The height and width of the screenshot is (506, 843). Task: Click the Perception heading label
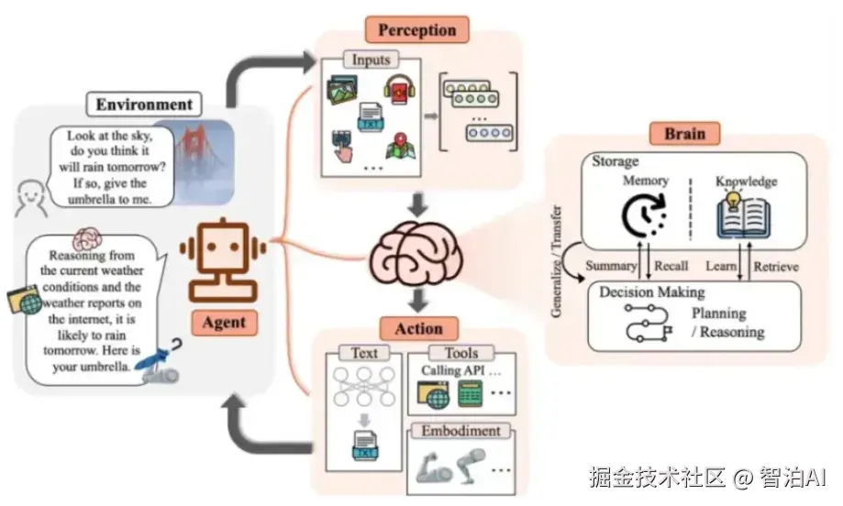click(416, 29)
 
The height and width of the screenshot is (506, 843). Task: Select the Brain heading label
click(684, 134)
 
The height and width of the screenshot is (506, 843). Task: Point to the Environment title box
click(144, 104)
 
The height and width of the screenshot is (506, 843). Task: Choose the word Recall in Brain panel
click(671, 267)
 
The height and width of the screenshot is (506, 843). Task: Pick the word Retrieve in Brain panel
click(775, 267)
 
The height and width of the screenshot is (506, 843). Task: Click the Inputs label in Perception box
click(371, 60)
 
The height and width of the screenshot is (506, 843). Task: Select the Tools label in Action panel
click(461, 353)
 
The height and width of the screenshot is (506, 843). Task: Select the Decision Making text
click(651, 292)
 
